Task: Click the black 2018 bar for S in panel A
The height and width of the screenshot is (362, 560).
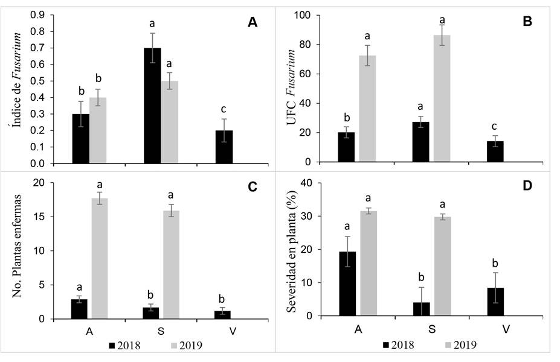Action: click(x=152, y=106)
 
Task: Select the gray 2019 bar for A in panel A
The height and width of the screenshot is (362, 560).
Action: click(x=98, y=130)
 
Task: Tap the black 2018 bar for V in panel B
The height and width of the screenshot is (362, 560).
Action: click(x=495, y=151)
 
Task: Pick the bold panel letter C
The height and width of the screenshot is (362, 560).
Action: click(x=253, y=187)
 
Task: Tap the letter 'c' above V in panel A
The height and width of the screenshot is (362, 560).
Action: click(x=224, y=109)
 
